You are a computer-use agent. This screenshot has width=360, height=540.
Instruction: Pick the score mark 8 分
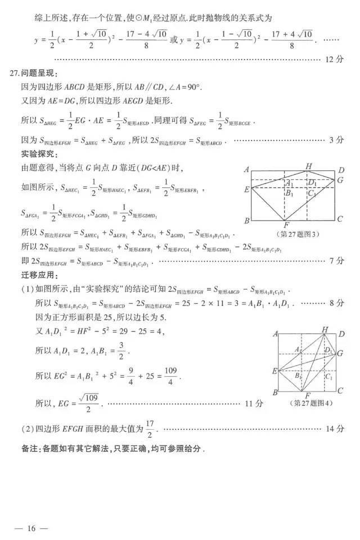tap(336, 303)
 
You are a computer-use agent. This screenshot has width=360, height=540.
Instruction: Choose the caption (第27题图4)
tap(310, 403)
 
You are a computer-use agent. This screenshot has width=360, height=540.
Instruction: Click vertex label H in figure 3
tap(309, 166)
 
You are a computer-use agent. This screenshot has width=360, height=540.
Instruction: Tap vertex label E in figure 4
tap(274, 371)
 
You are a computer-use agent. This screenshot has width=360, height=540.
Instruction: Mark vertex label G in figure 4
tap(340, 353)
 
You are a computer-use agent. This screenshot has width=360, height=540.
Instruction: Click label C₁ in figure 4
tap(330, 377)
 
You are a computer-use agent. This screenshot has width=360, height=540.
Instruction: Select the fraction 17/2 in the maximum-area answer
tap(149, 427)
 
